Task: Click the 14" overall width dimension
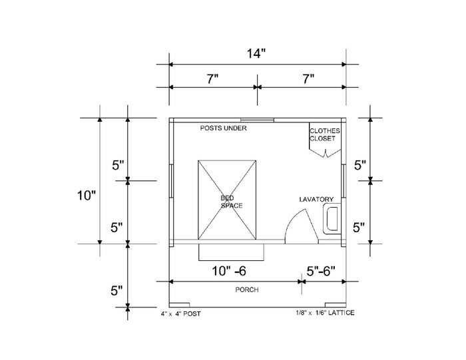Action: (256, 54)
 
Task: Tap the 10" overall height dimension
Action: (87, 196)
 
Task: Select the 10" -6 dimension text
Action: (229, 271)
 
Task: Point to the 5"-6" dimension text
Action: (321, 271)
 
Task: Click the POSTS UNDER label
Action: (224, 128)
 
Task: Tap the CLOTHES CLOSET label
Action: (325, 134)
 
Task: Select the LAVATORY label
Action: (316, 200)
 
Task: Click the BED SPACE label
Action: (232, 202)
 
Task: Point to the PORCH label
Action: (247, 289)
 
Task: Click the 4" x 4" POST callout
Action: (180, 313)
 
